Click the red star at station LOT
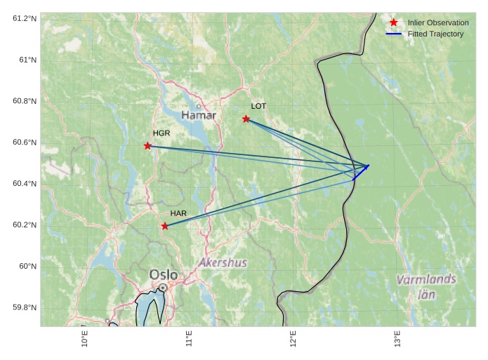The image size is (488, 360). click(x=246, y=119)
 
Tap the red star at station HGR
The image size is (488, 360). click(x=147, y=145)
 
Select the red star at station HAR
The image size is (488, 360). click(x=164, y=226)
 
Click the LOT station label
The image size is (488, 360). click(x=258, y=106)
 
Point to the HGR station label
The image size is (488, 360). click(x=161, y=133)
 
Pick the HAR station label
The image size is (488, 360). click(x=178, y=213)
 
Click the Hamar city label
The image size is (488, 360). click(x=199, y=115)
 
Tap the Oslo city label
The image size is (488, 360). click(x=164, y=274)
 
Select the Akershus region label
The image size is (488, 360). click(x=223, y=263)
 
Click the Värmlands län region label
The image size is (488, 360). click(x=426, y=287)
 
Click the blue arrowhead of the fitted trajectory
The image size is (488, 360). click(x=367, y=166)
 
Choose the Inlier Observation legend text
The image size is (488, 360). click(x=437, y=22)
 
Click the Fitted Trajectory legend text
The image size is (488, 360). click(x=435, y=34)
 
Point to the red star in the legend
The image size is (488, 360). click(x=394, y=22)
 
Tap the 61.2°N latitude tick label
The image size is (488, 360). click(x=25, y=18)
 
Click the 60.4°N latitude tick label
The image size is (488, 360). click(x=25, y=183)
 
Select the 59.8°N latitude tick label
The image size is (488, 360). click(x=25, y=307)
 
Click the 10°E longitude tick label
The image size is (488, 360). click(x=85, y=339)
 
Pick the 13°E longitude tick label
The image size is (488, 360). click(x=397, y=339)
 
